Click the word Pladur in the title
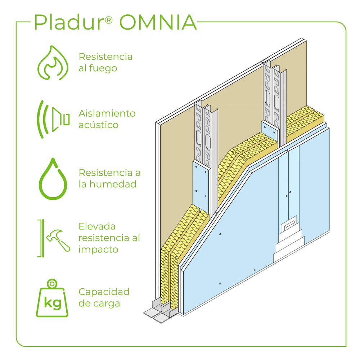pyautogui.click(x=68, y=23)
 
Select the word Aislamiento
pyautogui.click(x=107, y=113)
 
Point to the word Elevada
pyautogui.click(x=97, y=226)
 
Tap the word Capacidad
pyautogui.click(x=104, y=292)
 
